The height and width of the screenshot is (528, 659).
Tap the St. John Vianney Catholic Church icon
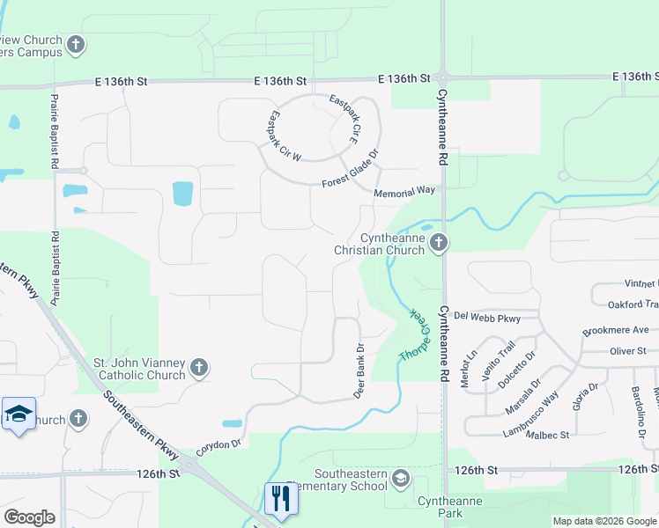click(199, 368)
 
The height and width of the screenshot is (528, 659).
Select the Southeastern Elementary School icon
click(400, 478)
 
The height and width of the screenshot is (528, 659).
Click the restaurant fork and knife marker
click(281, 498)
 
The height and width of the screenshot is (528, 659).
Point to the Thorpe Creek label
click(413, 335)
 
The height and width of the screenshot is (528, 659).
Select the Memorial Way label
click(404, 191)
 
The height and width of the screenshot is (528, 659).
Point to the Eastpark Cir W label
click(285, 136)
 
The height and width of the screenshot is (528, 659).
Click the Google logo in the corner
click(29, 517)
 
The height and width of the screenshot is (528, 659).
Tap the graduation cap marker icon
click(18, 414)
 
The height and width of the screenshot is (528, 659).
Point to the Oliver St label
click(628, 350)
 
